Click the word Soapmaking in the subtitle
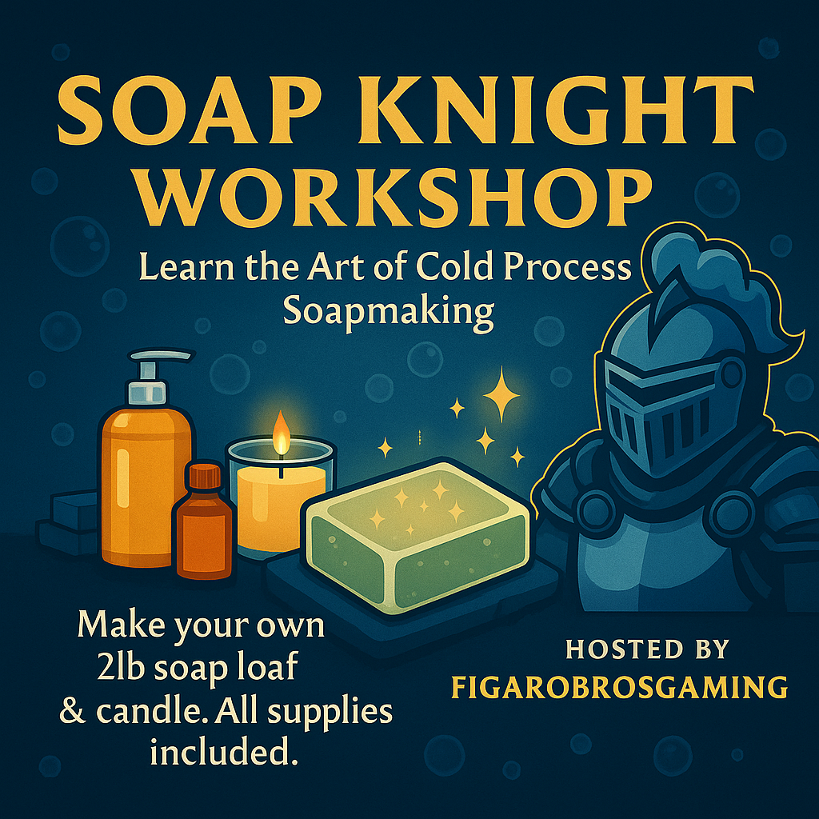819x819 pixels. pos(389,311)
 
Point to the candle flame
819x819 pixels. pos(281,433)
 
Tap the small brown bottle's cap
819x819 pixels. pos(206,477)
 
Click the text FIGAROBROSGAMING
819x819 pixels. pos(619,687)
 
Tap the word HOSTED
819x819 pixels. pos(625,649)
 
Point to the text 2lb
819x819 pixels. pos(121,666)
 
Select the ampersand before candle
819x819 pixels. pos(72,710)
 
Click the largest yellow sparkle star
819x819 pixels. pos(501,394)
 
